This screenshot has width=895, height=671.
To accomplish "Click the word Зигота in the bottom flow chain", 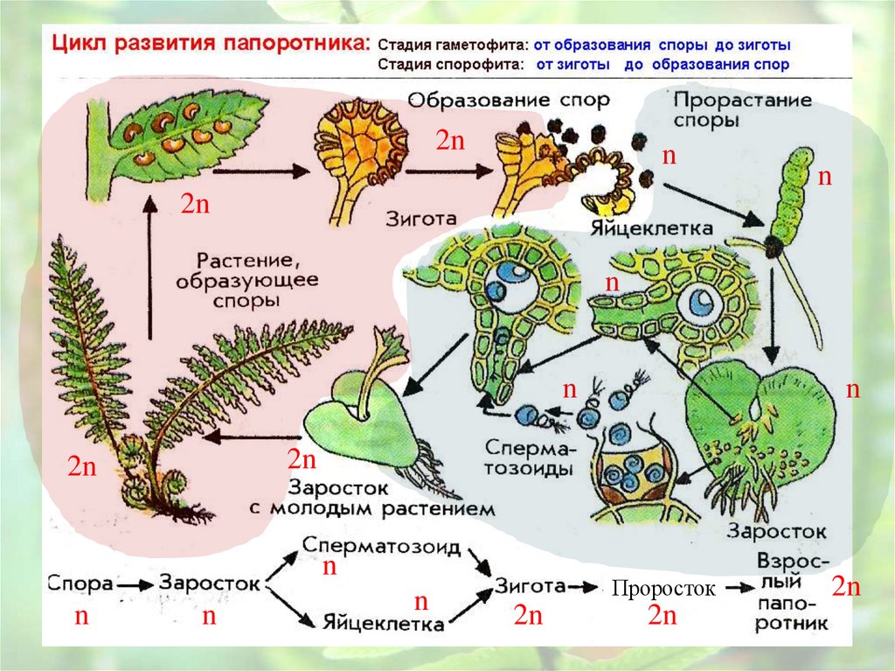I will click(x=528, y=585).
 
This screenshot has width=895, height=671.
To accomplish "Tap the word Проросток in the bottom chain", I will click(x=663, y=589).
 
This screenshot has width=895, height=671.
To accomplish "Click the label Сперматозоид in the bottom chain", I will click(x=381, y=546).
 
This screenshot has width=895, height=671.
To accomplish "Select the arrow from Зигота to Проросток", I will click(x=581, y=585).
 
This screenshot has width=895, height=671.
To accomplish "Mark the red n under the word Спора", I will click(x=81, y=616).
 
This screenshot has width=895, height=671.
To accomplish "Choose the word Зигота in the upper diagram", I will click(x=421, y=217).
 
